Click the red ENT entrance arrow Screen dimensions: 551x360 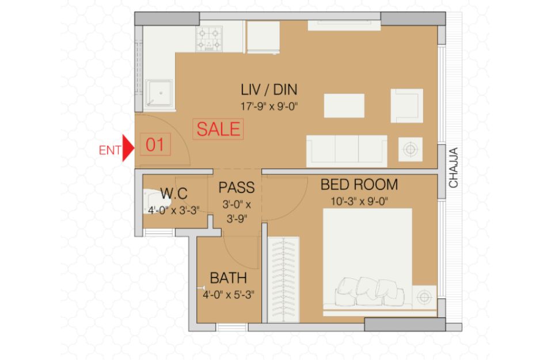click(128, 148)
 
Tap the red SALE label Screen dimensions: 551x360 click(218, 129)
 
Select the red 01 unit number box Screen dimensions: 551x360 click(155, 145)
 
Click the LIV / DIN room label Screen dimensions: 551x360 click(269, 90)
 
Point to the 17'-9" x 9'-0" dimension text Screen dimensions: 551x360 click(269, 106)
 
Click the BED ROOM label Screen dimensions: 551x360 click(359, 184)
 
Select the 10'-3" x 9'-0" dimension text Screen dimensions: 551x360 click(359, 202)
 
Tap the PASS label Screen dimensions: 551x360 click(237, 187)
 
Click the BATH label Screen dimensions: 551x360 click(229, 278)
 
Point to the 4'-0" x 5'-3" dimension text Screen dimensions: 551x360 click(229, 294)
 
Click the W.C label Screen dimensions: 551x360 click(174, 194)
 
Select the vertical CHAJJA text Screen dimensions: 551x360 click(453, 168)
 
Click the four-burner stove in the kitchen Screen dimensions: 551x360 click(209, 39)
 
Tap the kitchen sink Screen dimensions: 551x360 click(159, 93)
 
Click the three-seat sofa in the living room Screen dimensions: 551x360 click(347, 151)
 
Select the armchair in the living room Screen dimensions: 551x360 click(407, 105)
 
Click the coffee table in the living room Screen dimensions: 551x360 click(344, 105)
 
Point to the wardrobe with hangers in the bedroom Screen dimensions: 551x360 click(284, 280)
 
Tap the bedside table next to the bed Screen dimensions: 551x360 click(424, 298)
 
